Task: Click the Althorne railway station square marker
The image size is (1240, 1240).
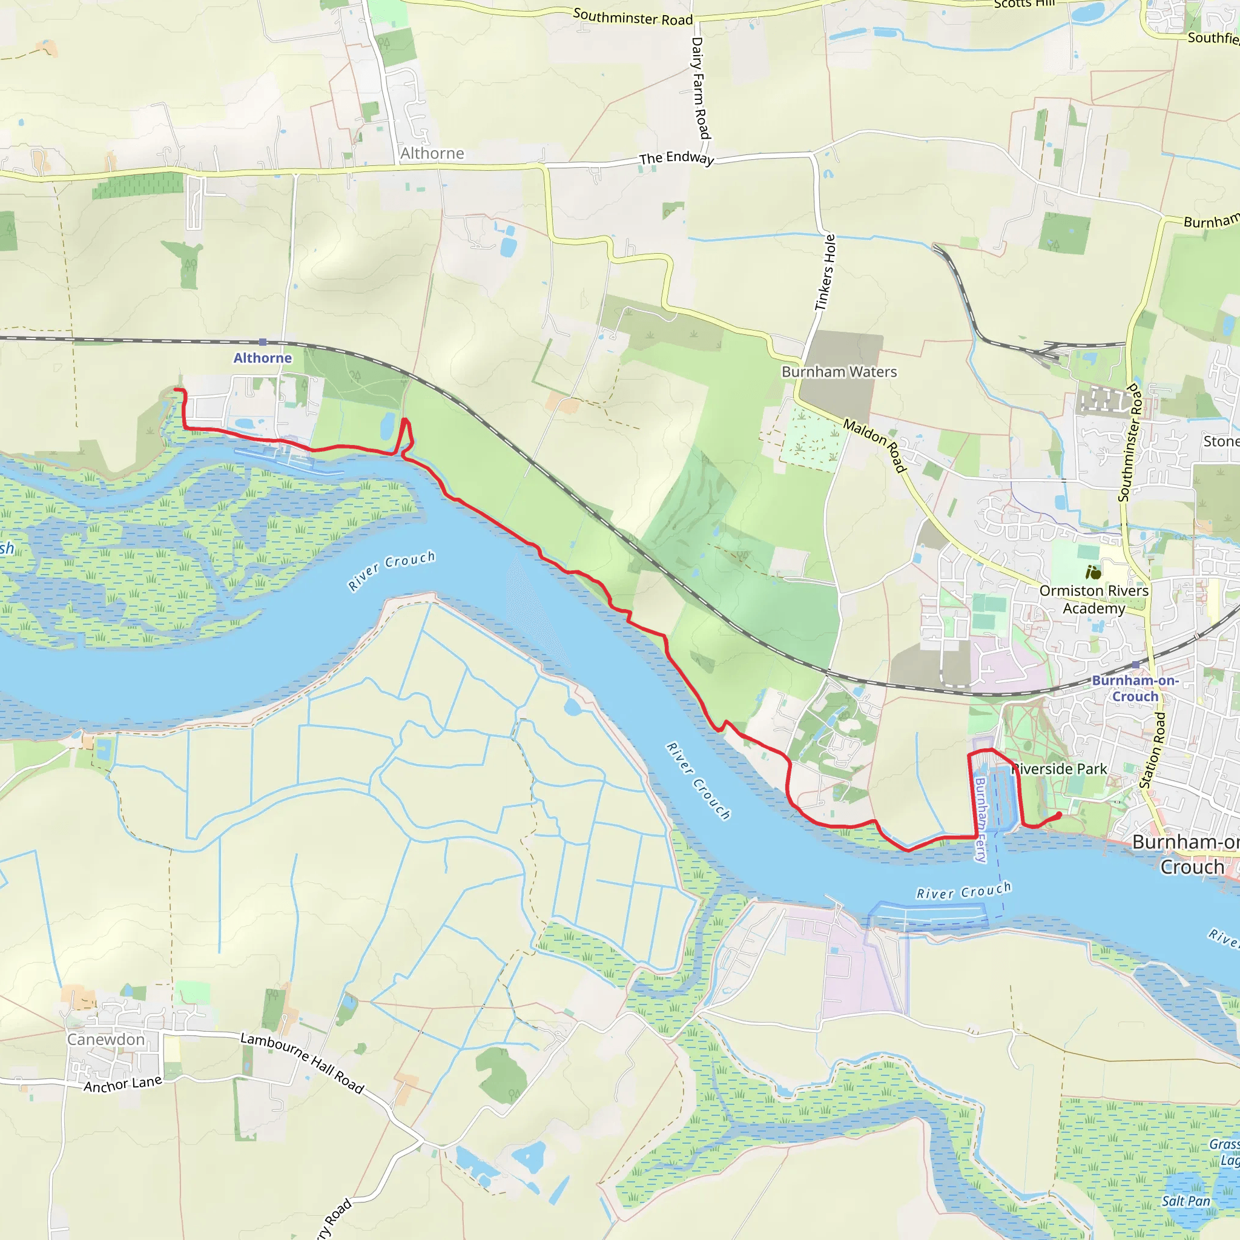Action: coord(263,342)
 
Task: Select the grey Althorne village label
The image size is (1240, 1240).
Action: coord(432,153)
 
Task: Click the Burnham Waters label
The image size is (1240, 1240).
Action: coord(839,372)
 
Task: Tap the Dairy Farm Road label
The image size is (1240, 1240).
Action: coord(701,88)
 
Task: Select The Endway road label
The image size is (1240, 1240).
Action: coord(676,158)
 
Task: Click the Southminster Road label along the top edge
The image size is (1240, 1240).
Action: coord(632,18)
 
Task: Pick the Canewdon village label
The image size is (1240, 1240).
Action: coord(106,1039)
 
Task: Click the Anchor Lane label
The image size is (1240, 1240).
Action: coord(122,1084)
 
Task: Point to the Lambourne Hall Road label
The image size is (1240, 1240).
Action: coord(302,1062)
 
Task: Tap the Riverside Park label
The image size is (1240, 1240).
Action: coord(1060,769)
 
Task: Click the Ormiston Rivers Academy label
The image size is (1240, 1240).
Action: coord(1093,599)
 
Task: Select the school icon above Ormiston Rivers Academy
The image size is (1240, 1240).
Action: coord(1093,571)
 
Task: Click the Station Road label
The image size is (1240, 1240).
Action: coord(1152,750)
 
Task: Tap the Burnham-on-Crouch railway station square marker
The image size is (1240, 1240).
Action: coord(1135,665)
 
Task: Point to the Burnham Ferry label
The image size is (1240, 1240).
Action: coord(981,820)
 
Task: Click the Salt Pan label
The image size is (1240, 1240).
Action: coord(1186,1201)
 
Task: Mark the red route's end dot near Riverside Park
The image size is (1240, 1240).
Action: coord(1058,815)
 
